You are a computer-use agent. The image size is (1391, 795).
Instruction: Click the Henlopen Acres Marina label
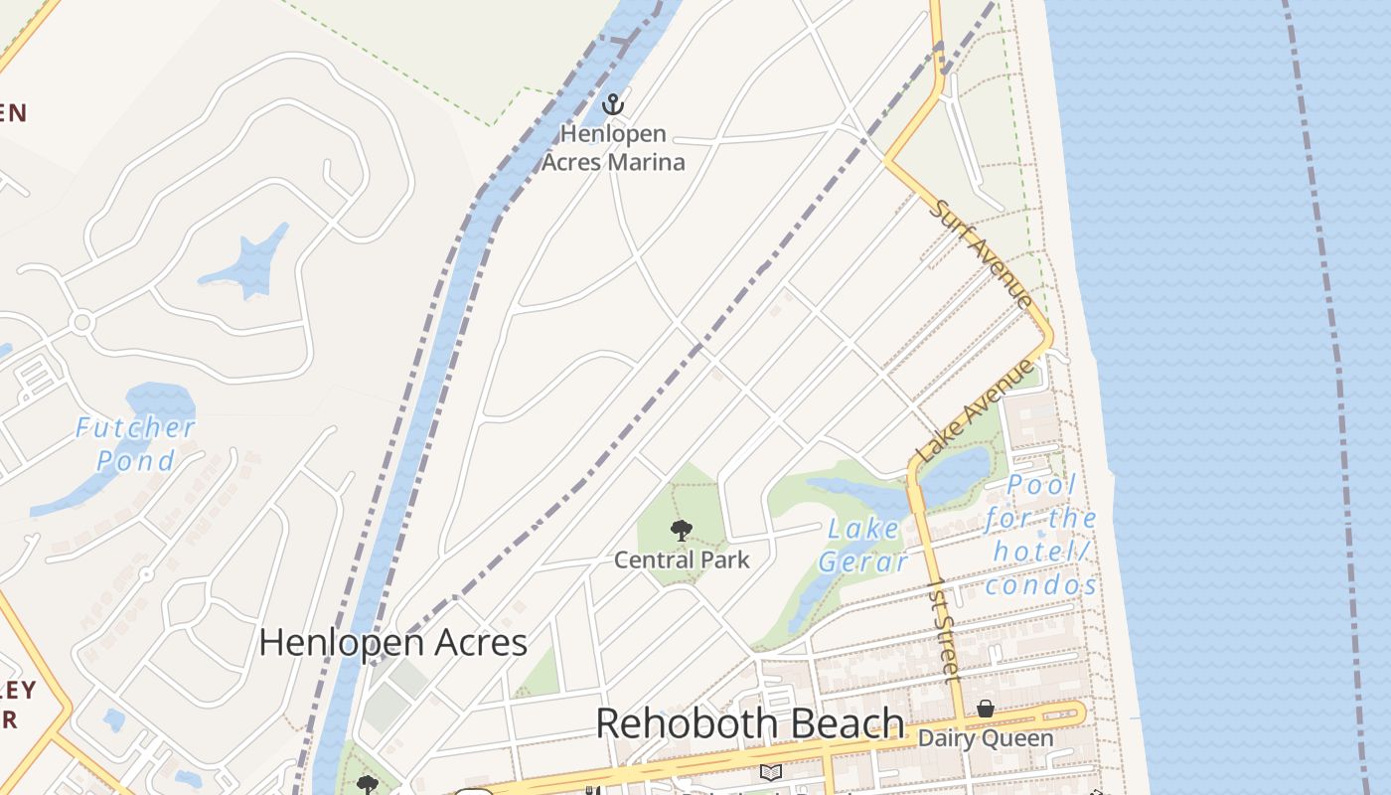click(613, 147)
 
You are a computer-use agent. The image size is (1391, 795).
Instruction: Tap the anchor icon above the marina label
click(613, 103)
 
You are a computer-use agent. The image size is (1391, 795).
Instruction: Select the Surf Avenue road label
click(982, 253)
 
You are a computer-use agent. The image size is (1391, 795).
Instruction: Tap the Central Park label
click(682, 559)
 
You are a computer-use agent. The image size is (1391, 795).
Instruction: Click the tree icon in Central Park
click(681, 531)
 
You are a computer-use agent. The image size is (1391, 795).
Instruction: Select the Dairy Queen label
click(985, 738)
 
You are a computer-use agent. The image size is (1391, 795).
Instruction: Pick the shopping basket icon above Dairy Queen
click(985, 709)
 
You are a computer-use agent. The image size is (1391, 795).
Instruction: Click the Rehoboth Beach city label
click(750, 723)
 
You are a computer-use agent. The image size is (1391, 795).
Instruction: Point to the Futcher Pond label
click(135, 444)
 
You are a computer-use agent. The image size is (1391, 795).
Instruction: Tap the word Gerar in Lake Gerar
click(864, 562)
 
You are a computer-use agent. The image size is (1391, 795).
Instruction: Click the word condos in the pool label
click(1041, 585)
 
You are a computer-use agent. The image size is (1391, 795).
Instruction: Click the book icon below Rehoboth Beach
click(770, 771)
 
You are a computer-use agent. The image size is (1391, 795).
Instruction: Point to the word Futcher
click(135, 428)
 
